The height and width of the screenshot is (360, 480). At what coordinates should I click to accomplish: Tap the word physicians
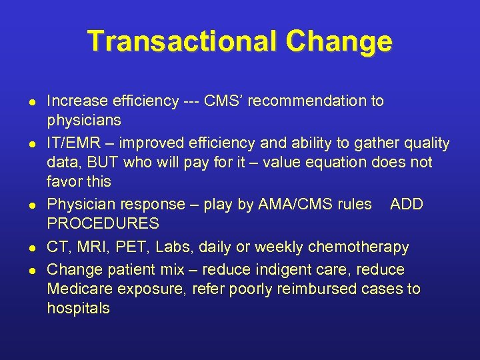point(84,121)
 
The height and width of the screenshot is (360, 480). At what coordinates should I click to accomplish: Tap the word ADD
point(407,204)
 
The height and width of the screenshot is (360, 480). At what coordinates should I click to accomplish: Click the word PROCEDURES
point(103,223)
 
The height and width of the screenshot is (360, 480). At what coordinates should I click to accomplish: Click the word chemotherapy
point(359,247)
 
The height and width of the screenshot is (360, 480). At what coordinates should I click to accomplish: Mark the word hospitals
point(79,308)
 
